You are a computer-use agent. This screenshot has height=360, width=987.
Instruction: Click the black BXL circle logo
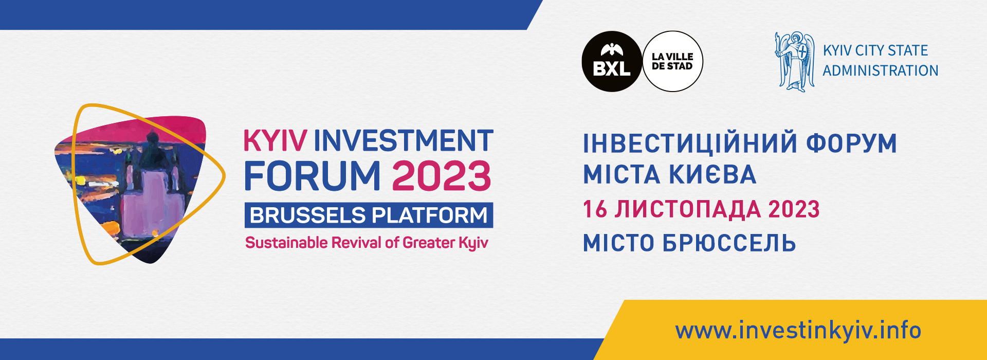click(x=612, y=62)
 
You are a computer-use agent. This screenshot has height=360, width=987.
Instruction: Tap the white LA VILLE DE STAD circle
click(x=672, y=62)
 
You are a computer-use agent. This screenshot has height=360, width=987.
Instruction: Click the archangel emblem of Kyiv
click(x=795, y=62)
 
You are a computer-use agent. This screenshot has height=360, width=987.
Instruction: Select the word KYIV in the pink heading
click(x=275, y=140)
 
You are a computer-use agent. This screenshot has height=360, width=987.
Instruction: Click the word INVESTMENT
click(x=404, y=140)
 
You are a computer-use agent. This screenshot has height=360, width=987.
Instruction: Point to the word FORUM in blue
click(x=312, y=176)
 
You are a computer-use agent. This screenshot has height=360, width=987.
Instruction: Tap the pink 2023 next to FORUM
click(x=442, y=176)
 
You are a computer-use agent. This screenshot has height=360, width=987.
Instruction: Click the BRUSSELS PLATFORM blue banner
click(x=369, y=215)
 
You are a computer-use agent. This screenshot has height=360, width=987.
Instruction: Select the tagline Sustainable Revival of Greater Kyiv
click(x=367, y=243)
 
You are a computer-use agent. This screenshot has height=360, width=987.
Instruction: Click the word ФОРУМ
click(x=851, y=143)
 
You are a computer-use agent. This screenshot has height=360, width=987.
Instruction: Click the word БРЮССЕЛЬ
click(x=729, y=243)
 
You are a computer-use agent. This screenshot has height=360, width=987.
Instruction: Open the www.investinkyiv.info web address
click(x=798, y=330)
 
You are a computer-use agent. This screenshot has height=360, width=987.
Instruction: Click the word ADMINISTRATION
click(x=881, y=70)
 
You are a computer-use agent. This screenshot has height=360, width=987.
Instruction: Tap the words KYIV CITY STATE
click(x=875, y=50)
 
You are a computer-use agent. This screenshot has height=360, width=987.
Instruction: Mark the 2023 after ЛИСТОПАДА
click(x=794, y=209)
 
